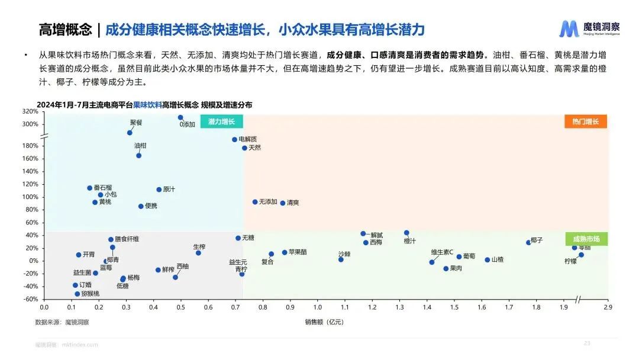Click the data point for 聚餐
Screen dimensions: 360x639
click(130, 133)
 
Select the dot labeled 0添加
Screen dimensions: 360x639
click(180, 117)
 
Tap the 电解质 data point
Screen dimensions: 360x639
click(234, 140)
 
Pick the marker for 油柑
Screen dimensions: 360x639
click(138, 155)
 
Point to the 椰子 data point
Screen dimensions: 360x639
click(528, 242)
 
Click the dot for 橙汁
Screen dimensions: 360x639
click(406, 233)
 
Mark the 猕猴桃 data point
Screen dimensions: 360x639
click(77, 294)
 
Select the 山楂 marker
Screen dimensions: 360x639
click(488, 260)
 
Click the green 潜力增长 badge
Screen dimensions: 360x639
click(222, 122)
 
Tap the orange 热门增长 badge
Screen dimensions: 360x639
click(585, 122)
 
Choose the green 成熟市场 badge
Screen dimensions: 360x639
click(586, 239)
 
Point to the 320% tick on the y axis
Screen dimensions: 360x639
click(30, 111)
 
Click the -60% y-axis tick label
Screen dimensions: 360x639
click(30, 299)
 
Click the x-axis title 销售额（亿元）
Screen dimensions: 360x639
click(324, 322)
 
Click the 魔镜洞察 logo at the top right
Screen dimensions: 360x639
click(590, 28)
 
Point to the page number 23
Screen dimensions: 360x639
click(587, 343)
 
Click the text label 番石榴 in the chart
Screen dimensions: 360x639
click(102, 188)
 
